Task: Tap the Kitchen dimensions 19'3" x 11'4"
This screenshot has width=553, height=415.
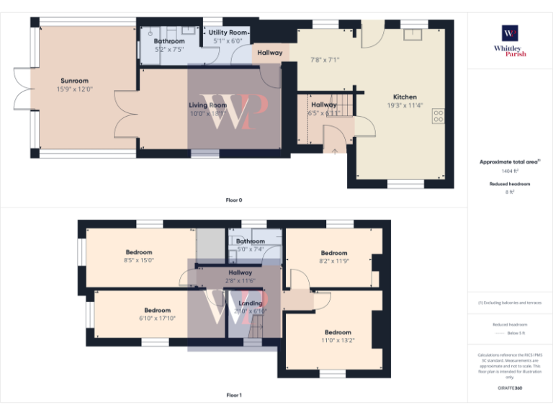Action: click(x=404, y=105)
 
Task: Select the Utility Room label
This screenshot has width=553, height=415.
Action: click(x=228, y=33)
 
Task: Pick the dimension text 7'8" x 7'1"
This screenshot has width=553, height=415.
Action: click(x=324, y=60)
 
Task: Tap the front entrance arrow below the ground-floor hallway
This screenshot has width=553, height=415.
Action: click(x=333, y=151)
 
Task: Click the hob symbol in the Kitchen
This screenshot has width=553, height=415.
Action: click(x=438, y=117)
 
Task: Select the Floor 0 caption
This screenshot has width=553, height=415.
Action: click(x=234, y=200)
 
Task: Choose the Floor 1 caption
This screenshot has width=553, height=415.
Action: click(x=234, y=395)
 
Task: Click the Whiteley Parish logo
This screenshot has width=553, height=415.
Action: click(x=510, y=40)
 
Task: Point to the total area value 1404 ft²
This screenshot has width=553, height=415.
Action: click(x=510, y=171)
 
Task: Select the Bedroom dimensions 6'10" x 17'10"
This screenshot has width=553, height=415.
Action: click(x=157, y=318)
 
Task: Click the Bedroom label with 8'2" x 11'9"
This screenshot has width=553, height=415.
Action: click(x=334, y=253)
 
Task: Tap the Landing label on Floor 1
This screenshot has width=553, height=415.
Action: click(x=251, y=303)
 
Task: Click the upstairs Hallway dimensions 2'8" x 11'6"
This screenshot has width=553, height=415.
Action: click(x=240, y=280)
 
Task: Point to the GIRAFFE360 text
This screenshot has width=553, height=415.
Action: click(x=510, y=388)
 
